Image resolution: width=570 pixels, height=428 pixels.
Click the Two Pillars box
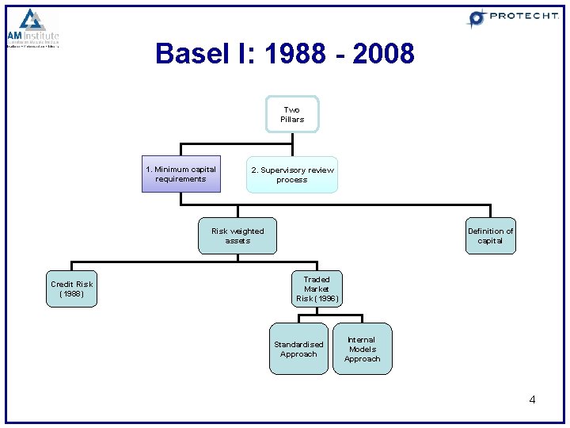pos(292,115)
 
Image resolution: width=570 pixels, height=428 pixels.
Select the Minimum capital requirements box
pos(180,174)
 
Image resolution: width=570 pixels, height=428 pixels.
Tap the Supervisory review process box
pos(292,174)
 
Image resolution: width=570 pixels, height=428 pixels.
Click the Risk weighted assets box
pos(237,235)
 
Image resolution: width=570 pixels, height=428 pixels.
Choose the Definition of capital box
pos(490,235)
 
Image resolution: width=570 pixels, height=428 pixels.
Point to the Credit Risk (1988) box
pos(71,289)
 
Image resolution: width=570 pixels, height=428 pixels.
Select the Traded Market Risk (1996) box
pos(317,289)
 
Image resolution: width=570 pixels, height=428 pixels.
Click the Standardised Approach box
pos(298,349)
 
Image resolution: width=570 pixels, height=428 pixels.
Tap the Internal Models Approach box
pos(362,349)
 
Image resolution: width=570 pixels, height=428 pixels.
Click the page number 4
pos(532,399)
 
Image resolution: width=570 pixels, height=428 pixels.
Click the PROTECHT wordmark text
pos(523,16)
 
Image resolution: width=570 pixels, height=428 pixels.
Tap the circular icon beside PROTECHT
pos(477,17)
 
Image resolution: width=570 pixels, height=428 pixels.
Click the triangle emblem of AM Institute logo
pos(32,19)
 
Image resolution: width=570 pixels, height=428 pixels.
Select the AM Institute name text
pos(33,36)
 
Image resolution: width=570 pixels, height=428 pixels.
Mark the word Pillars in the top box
pos(292,120)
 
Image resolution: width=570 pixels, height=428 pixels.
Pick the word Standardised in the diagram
pos(298,344)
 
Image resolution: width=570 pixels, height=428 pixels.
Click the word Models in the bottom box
pos(362,349)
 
